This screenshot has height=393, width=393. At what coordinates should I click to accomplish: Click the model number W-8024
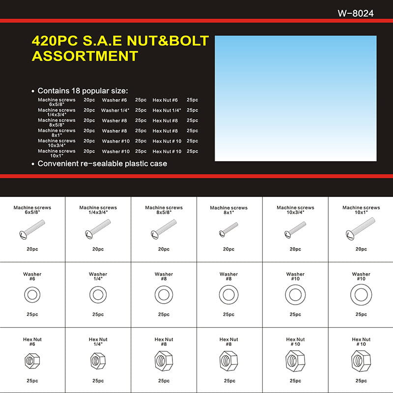tap(356, 13)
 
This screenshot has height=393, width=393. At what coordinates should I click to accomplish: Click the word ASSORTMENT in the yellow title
tap(85, 56)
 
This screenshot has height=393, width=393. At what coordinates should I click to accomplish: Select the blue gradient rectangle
tap(296, 98)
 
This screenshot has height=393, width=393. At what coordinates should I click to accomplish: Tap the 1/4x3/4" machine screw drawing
tap(98, 228)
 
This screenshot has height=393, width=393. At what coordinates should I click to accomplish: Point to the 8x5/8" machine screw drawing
tap(164, 229)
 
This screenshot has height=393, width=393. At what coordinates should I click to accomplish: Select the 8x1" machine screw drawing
tap(228, 229)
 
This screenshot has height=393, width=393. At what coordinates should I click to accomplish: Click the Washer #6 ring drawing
tap(32, 295)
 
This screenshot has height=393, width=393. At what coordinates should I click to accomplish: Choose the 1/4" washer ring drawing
tap(98, 295)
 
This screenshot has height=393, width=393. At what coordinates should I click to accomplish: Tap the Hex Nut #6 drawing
tap(32, 362)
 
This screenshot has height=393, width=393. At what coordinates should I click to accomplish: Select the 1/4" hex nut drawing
tap(98, 362)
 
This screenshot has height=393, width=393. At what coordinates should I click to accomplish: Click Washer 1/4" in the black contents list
tap(116, 111)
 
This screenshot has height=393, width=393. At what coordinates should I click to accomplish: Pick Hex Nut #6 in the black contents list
tap(165, 100)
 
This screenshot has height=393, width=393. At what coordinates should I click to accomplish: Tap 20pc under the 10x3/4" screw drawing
tap(295, 249)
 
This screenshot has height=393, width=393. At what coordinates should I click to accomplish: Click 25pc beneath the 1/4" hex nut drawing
tap(98, 381)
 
